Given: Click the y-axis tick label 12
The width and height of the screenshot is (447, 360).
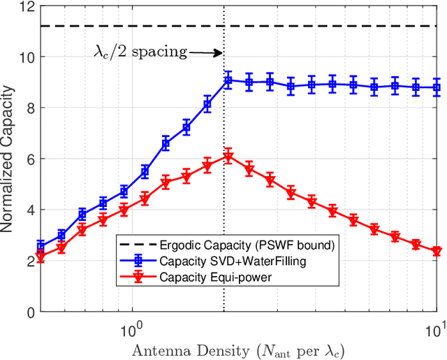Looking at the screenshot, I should [x=21, y=6].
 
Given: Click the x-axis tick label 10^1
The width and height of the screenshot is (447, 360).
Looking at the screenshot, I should [x=434, y=326].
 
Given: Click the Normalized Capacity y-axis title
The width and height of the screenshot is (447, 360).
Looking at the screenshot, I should [x=8, y=159].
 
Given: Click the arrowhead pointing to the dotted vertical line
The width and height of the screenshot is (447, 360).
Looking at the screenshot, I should [x=219, y=52].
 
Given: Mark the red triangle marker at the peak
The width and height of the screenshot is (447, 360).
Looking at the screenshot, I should [x=228, y=157].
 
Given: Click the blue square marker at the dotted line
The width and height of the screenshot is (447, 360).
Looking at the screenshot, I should [x=228, y=80].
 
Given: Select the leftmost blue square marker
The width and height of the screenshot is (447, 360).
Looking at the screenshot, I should [x=41, y=245].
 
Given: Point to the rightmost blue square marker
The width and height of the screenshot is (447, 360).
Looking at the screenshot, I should [x=437, y=87].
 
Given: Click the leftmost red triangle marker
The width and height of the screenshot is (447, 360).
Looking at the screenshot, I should [x=41, y=257].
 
